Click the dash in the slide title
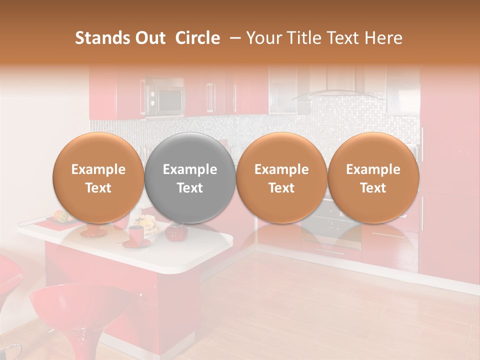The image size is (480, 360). [x=233, y=38]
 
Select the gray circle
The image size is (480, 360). [x=190, y=177]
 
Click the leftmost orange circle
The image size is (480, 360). [x=98, y=177]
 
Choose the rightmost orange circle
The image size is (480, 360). [x=373, y=177]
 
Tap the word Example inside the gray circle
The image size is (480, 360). [x=190, y=169]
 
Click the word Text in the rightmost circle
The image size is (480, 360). [x=373, y=188]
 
